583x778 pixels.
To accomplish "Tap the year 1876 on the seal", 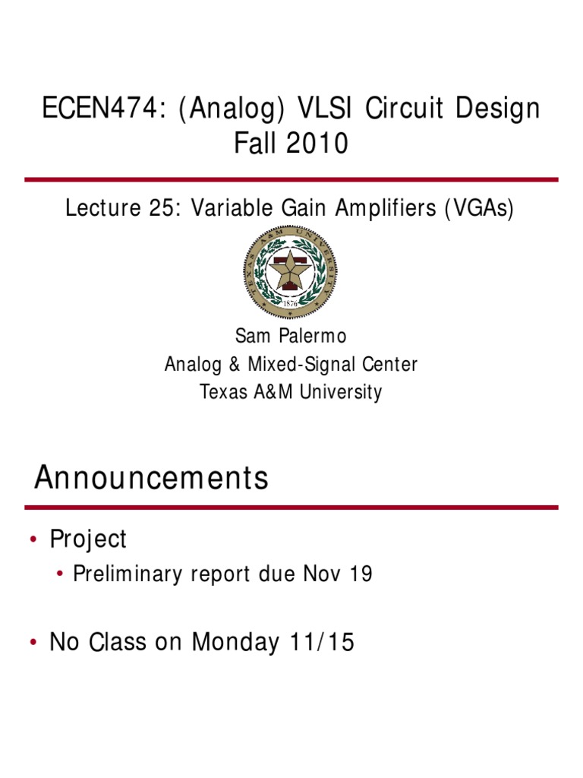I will click(290, 302).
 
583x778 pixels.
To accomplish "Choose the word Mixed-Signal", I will click(291, 365).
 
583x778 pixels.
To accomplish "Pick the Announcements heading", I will click(151, 479).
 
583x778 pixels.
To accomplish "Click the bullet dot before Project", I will click(33, 540).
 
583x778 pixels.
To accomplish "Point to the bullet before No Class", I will click(33, 644).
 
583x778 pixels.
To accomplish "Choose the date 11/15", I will click(321, 643).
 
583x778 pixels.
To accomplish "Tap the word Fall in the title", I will click(255, 143).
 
